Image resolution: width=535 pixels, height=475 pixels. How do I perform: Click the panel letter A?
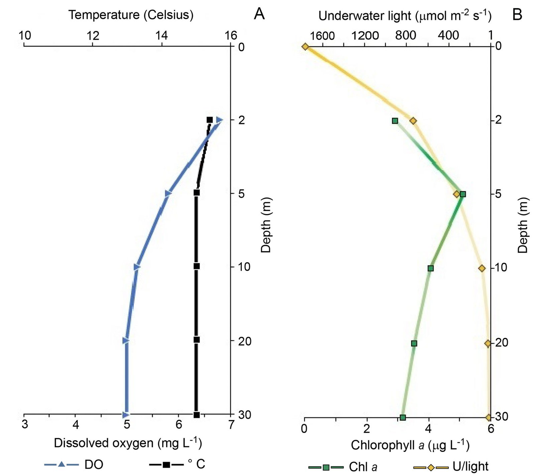click(x=259, y=14)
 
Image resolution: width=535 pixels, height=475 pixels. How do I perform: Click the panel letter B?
click(x=517, y=14)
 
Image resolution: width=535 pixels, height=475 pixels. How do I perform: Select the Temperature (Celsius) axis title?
click(x=131, y=15)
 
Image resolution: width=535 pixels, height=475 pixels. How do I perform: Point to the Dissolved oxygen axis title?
click(x=128, y=443)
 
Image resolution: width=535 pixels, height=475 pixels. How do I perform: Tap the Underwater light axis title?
click(x=405, y=16)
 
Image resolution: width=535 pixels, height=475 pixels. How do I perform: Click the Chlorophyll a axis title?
click(x=410, y=445)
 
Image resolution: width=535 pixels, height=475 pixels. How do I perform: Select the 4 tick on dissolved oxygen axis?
click(x=76, y=425)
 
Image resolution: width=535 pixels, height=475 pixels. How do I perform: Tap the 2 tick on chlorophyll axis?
click(x=367, y=428)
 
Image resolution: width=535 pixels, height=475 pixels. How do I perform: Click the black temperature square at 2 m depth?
click(x=210, y=120)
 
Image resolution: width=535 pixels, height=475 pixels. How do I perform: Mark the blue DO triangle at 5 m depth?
click(x=168, y=193)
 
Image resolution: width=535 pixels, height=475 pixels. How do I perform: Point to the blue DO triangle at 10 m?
click(x=137, y=267)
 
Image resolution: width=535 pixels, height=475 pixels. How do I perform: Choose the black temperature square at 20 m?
click(x=197, y=340)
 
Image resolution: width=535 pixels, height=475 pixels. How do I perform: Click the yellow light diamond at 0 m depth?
click(x=305, y=47)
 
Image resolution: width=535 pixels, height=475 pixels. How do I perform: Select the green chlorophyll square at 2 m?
click(x=395, y=121)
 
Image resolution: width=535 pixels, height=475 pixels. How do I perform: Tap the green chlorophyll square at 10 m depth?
click(x=431, y=268)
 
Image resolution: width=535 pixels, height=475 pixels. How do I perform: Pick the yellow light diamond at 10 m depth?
click(x=482, y=268)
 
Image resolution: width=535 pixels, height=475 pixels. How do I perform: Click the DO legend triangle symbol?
click(x=61, y=464)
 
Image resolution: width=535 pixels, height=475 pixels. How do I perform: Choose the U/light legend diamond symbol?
click(x=431, y=467)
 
